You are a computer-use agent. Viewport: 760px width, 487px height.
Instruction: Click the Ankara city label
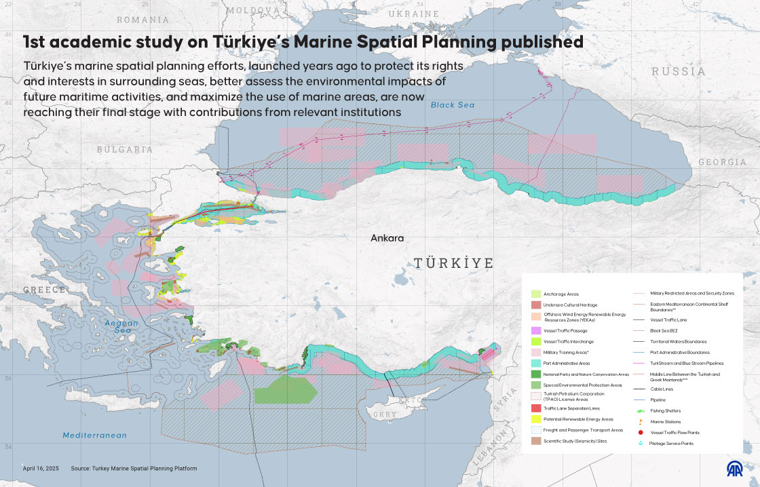(x=387, y=238)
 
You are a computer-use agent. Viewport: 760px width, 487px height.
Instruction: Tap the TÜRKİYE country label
(x=453, y=263)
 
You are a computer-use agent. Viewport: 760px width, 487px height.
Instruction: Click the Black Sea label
(x=453, y=105)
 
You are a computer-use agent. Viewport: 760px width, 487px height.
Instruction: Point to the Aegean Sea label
(x=121, y=327)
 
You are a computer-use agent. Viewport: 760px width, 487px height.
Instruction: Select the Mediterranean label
(x=95, y=435)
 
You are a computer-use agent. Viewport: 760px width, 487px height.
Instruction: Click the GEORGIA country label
(x=722, y=162)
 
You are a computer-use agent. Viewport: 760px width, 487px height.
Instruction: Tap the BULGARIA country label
(x=125, y=149)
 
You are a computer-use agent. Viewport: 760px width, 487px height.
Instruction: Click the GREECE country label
(x=45, y=290)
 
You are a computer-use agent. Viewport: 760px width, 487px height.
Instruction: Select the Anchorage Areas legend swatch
(x=535, y=294)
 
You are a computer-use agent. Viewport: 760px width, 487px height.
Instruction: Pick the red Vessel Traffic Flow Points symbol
(x=641, y=432)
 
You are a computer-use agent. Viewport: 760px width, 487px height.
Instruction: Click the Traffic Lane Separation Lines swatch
(x=535, y=408)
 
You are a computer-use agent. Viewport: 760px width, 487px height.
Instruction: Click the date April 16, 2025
(x=41, y=469)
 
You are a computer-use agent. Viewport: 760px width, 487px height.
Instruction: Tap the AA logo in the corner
(x=735, y=469)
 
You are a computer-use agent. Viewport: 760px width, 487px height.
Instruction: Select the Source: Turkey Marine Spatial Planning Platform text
(x=134, y=469)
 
